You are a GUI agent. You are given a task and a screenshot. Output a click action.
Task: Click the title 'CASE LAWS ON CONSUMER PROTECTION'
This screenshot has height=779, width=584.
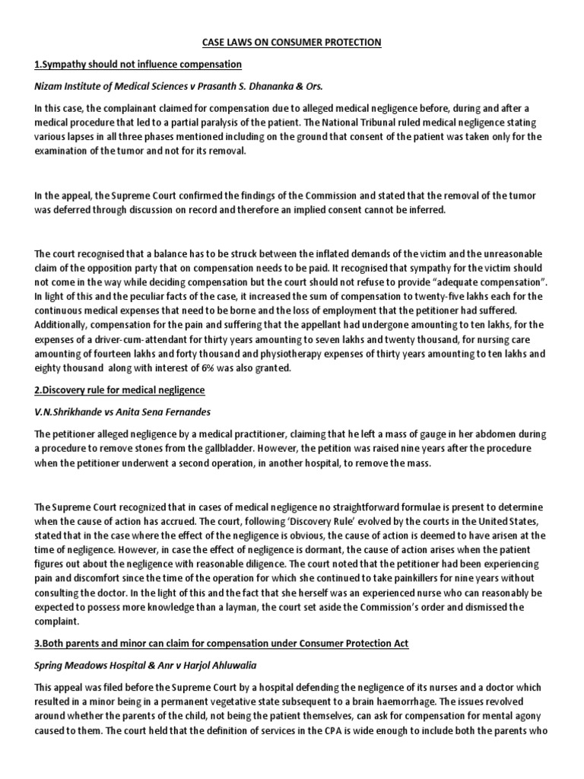pyautogui.click(x=291, y=43)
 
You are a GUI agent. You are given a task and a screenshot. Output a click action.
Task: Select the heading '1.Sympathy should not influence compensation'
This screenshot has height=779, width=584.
pyautogui.click(x=138, y=64)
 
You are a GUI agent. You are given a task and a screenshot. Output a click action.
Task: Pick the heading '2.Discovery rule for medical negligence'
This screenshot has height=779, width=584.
pyautogui.click(x=119, y=389)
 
